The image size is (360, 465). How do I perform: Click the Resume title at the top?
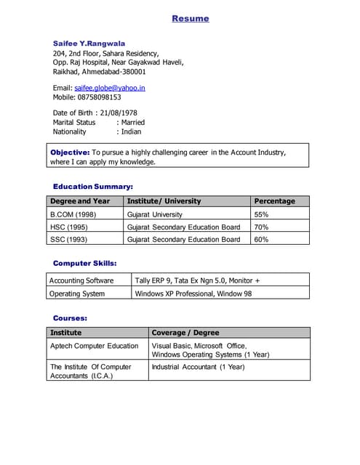click(x=190, y=18)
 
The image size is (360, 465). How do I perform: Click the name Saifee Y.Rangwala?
click(x=89, y=43)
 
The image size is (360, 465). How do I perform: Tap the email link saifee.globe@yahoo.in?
click(x=110, y=87)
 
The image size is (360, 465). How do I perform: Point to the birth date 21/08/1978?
click(x=119, y=113)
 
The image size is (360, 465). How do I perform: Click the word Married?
click(x=133, y=122)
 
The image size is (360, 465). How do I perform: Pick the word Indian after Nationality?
click(x=132, y=132)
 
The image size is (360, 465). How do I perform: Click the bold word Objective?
click(x=70, y=153)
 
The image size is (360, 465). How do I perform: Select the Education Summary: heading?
click(x=93, y=186)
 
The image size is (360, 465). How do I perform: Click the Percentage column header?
click(x=274, y=201)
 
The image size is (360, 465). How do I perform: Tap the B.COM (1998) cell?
click(x=73, y=214)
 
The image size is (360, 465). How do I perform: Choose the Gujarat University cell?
click(x=155, y=214)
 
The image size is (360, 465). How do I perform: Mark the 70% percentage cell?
click(x=261, y=227)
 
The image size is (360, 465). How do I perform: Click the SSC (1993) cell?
click(x=68, y=239)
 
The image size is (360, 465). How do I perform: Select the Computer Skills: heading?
click(x=85, y=263)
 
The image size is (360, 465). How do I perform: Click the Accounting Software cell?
click(x=81, y=280)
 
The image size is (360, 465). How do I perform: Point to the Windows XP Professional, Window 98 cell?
click(x=193, y=294)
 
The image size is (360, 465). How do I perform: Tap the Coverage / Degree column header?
click(x=185, y=332)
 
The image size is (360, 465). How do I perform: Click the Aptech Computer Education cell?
click(x=94, y=346)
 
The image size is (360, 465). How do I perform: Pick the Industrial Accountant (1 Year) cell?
click(x=198, y=367)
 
